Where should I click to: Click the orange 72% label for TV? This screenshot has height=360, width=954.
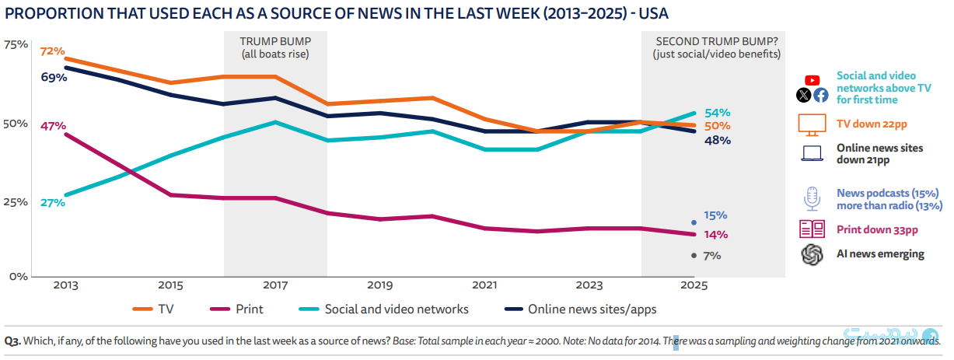(52, 51)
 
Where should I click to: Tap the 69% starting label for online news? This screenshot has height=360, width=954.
(54, 78)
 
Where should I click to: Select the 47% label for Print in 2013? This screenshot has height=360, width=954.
(53, 126)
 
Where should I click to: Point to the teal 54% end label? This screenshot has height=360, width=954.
(717, 113)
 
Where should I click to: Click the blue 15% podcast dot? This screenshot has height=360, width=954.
(694, 222)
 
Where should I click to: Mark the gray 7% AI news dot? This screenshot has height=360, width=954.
(694, 256)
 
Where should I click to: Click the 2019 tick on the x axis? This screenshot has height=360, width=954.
(380, 285)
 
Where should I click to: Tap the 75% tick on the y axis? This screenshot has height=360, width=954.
(16, 45)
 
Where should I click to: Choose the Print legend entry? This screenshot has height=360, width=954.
(236, 309)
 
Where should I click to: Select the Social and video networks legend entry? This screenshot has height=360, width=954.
(383, 309)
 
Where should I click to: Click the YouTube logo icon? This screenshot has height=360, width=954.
(812, 80)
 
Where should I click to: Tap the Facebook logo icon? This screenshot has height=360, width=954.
(821, 95)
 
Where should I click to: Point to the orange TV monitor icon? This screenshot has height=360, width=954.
(812, 125)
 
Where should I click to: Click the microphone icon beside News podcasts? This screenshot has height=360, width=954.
(812, 198)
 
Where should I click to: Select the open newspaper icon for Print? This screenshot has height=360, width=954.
(812, 229)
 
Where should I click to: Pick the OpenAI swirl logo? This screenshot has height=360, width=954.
(812, 254)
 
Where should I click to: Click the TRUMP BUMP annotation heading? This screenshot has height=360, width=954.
(275, 41)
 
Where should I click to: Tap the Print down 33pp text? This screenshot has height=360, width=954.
(877, 229)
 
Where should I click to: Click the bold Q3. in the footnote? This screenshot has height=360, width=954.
(12, 341)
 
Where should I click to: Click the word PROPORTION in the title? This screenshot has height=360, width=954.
(54, 14)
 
